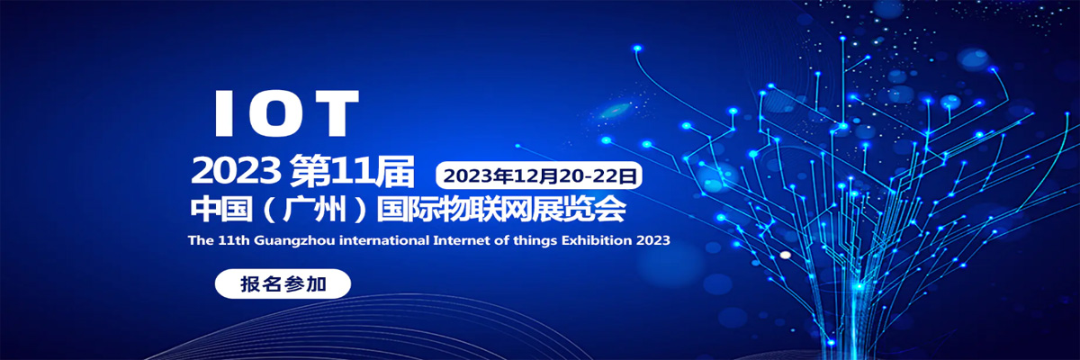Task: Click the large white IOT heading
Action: coord(287,113)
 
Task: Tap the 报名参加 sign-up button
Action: coord(283,283)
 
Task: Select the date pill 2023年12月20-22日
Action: coord(539,175)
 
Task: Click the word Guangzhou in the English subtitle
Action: coord(294,240)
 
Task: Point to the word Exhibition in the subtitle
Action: coord(597,240)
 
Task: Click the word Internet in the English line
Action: coord(462,240)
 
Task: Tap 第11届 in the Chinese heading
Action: coord(352,171)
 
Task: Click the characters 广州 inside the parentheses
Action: coord(315,210)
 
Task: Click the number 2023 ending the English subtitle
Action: coord(652,240)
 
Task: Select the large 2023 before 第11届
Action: coord(236,171)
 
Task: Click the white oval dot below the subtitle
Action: coord(786,255)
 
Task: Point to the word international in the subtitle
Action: coord(384,240)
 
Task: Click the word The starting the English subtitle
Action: coord(201,240)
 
